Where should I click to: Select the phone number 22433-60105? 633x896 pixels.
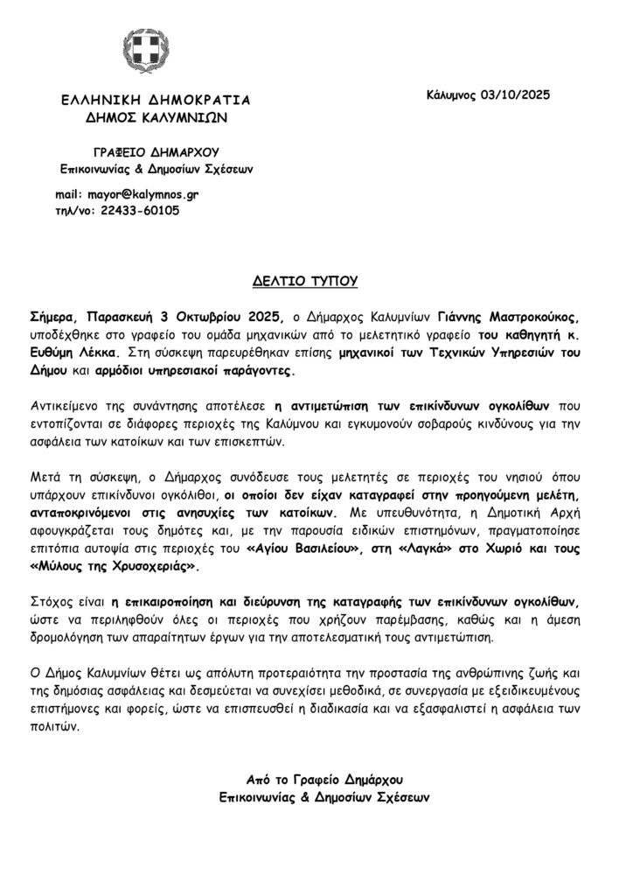click(141, 210)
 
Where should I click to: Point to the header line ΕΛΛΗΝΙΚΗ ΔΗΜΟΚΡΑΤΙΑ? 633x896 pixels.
click(150, 99)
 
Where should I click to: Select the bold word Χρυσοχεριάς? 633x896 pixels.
click(152, 566)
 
